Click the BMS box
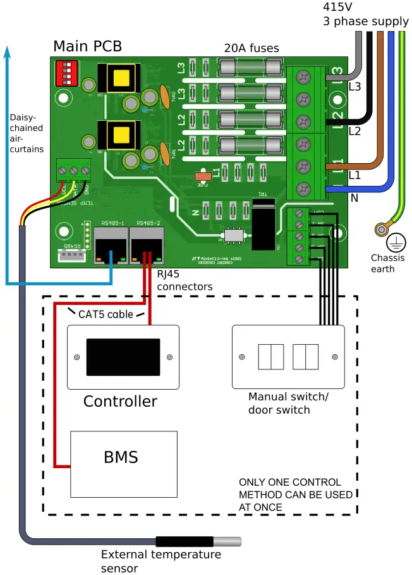[120, 457]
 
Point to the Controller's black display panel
[123, 357]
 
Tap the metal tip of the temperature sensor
[228, 541]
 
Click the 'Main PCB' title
[87, 46]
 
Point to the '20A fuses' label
[251, 48]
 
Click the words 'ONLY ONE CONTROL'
[289, 482]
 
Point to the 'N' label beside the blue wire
[354, 198]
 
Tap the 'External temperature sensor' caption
[161, 561]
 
